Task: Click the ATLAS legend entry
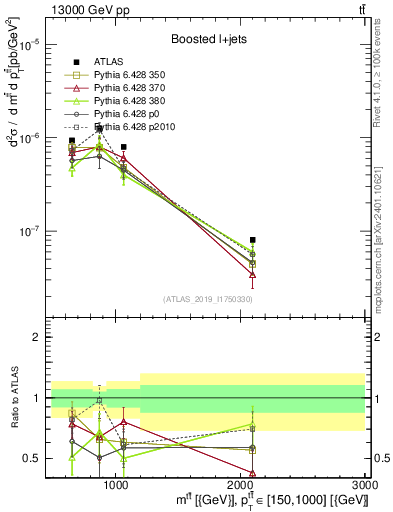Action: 120,61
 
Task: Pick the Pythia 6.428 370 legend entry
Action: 137,88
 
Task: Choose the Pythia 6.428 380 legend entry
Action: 137,101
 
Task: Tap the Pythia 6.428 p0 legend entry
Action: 135,114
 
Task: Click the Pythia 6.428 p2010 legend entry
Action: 141,127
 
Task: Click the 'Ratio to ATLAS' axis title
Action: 14,399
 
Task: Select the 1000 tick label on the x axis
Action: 116,484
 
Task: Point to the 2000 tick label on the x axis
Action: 241,484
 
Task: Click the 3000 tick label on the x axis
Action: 365,484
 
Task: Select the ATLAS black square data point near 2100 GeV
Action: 253,240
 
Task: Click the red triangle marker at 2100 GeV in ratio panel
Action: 253,473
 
